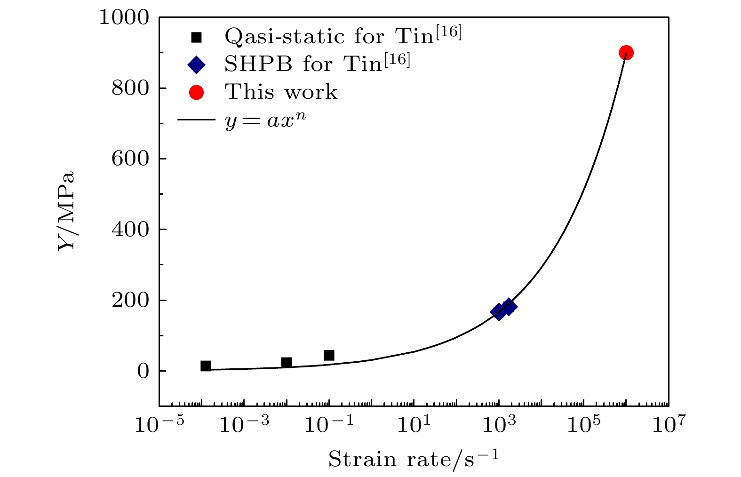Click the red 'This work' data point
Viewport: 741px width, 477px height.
coord(626,53)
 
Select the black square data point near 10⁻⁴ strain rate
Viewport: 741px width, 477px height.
coord(206,366)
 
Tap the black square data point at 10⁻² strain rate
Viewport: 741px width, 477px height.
coord(287,362)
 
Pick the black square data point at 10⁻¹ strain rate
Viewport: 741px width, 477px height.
coord(329,355)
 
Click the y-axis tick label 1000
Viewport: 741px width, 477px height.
coord(124,18)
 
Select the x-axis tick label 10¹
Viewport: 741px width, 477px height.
coord(414,425)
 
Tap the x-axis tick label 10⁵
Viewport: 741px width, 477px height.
coord(583,425)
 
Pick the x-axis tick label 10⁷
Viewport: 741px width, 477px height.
coord(669,425)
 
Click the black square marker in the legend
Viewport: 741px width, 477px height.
coord(196,37)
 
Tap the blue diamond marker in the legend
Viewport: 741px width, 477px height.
coord(196,65)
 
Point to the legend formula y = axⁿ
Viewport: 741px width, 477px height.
coord(266,120)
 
